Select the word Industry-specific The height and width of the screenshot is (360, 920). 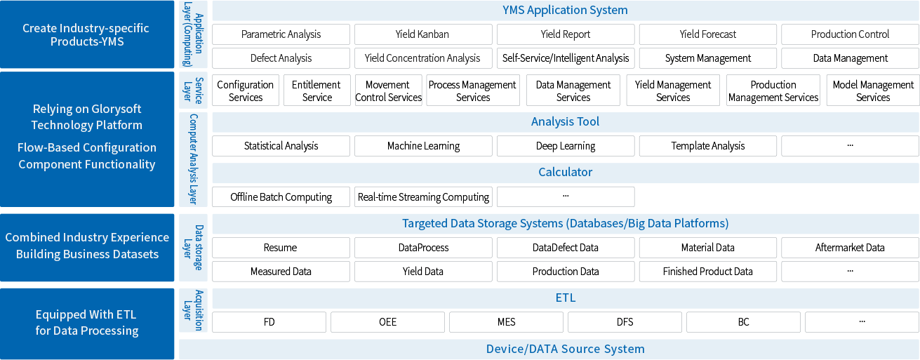click(x=104, y=29)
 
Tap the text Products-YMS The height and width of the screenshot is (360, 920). click(x=87, y=42)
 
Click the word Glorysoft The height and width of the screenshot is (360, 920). click(x=116, y=109)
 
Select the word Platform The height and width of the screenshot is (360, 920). click(x=119, y=126)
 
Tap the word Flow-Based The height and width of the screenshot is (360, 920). click(x=48, y=148)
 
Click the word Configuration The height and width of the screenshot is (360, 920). click(x=120, y=148)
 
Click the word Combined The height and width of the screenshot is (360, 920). click(x=32, y=238)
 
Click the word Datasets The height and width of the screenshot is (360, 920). click(x=135, y=254)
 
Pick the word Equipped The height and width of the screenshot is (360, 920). click(x=62, y=315)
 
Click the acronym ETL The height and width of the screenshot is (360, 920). click(x=127, y=315)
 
